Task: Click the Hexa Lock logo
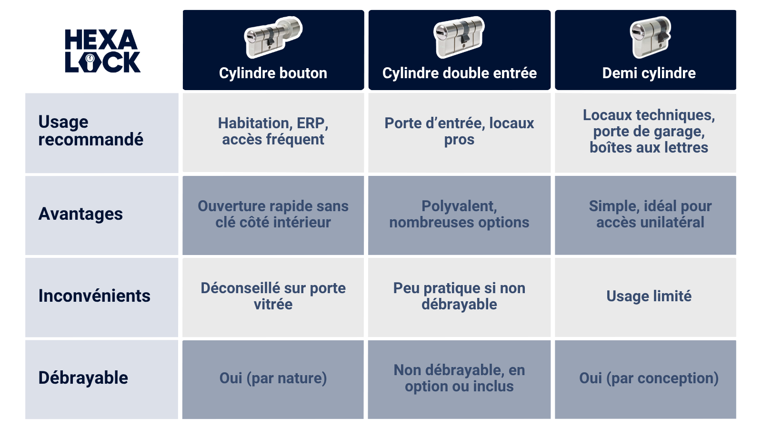(102, 51)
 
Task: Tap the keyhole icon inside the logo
(90, 61)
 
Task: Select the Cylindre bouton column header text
(273, 73)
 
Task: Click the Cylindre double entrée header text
(459, 73)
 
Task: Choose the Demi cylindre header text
(649, 73)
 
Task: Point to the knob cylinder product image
(273, 37)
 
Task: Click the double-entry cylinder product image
(459, 37)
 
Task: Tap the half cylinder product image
(650, 37)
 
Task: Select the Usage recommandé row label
(90, 131)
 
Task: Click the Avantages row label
(80, 214)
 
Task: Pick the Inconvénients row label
(94, 296)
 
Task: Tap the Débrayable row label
(83, 378)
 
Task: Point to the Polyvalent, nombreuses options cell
(459, 214)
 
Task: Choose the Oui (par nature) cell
(273, 379)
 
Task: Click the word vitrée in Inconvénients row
(273, 305)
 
